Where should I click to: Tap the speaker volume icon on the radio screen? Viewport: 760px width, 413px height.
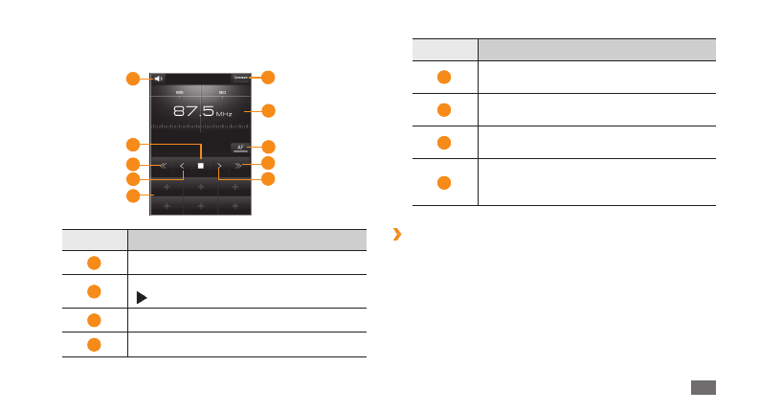click(159, 79)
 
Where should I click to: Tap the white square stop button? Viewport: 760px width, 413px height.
click(201, 165)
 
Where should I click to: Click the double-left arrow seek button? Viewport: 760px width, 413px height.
click(163, 165)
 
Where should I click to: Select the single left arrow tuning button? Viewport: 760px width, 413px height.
click(182, 165)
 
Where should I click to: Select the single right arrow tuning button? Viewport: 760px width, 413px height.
click(219, 165)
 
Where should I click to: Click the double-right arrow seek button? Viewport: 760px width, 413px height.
click(238, 165)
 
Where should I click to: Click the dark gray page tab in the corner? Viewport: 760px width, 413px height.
click(703, 387)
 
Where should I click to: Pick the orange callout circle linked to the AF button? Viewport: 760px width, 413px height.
click(268, 147)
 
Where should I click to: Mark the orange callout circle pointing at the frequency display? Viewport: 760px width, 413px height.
click(268, 111)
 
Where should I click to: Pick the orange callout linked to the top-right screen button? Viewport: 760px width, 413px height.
click(268, 77)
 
